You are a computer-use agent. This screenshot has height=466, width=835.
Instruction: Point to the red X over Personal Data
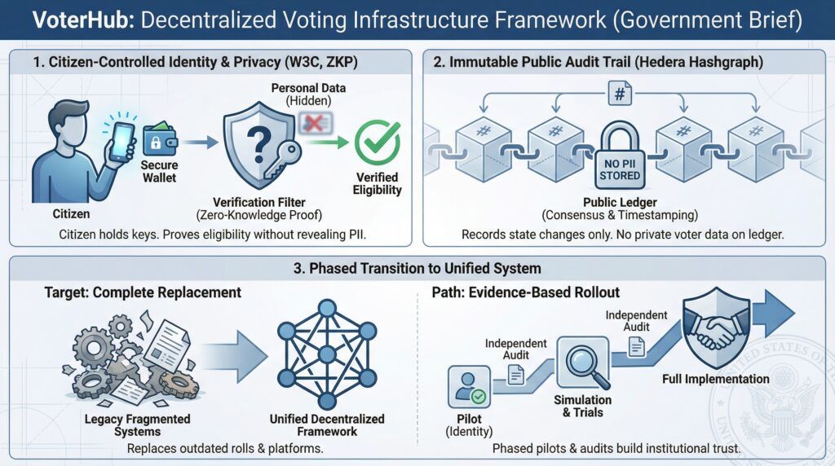coord(314,122)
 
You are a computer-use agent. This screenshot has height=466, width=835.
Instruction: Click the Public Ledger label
coord(620,201)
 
